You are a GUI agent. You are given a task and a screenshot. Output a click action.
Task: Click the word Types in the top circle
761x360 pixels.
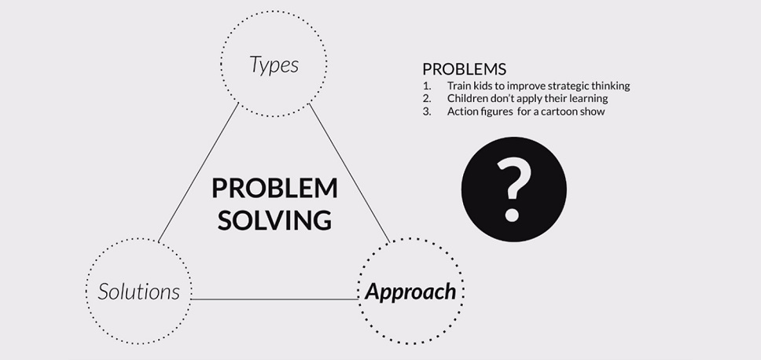click(274, 64)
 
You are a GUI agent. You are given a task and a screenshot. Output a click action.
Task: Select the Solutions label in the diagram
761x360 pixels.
click(139, 292)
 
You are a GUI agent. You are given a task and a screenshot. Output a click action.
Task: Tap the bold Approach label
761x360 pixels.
click(410, 292)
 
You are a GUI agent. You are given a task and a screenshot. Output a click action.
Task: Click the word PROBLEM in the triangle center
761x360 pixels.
click(274, 188)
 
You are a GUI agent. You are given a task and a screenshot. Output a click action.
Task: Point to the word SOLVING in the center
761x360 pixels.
click(274, 220)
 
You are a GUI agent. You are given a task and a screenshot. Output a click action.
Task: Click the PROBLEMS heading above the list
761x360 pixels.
click(465, 69)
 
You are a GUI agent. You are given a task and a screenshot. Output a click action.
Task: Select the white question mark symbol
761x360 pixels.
click(513, 190)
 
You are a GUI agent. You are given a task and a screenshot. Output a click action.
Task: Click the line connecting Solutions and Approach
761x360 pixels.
click(274, 299)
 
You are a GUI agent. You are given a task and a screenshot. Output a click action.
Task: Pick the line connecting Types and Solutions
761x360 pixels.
click(198, 172)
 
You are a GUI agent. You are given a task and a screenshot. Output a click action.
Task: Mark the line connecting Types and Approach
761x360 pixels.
click(349, 172)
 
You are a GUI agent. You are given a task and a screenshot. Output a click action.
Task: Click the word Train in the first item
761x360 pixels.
click(458, 86)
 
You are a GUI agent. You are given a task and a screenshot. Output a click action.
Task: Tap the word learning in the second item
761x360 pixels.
click(590, 99)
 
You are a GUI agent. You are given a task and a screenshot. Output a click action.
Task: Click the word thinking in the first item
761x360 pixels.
click(613, 86)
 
